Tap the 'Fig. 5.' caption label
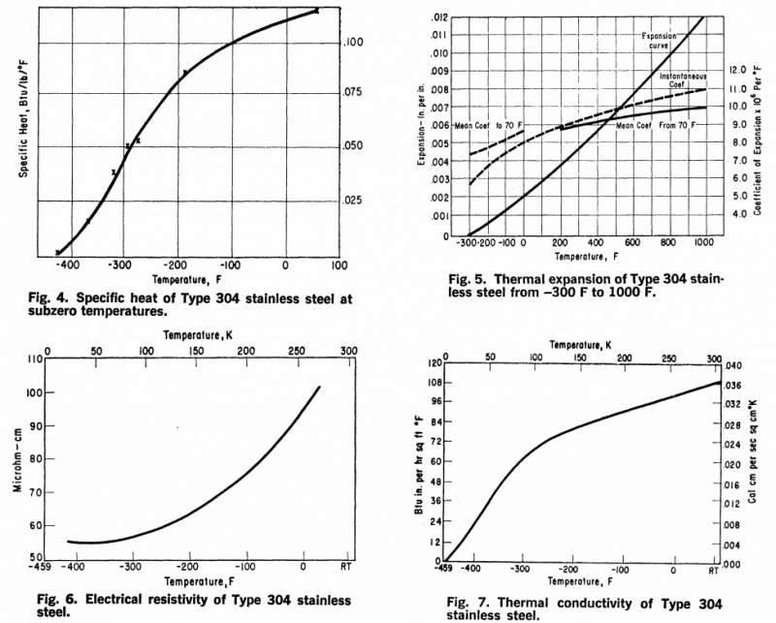[467, 280]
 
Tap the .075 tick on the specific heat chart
[354, 93]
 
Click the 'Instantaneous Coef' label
[685, 78]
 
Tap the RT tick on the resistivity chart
[345, 569]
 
